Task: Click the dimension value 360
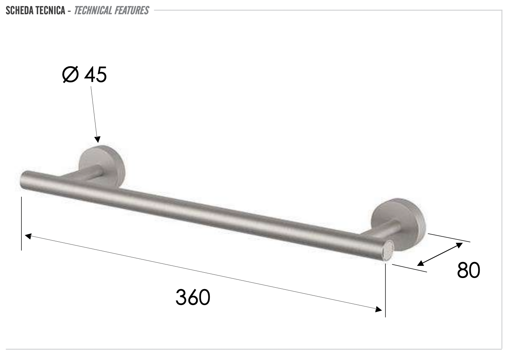point(193,297)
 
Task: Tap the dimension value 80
point(468,270)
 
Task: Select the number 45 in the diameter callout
point(95,75)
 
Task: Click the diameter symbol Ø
point(70,75)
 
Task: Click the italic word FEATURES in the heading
point(131,11)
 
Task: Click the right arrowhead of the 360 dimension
point(379,310)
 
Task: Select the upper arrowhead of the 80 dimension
point(459,245)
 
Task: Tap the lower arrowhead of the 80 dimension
point(421,263)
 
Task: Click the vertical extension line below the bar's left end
point(22,223)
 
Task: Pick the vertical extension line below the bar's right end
point(385,289)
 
